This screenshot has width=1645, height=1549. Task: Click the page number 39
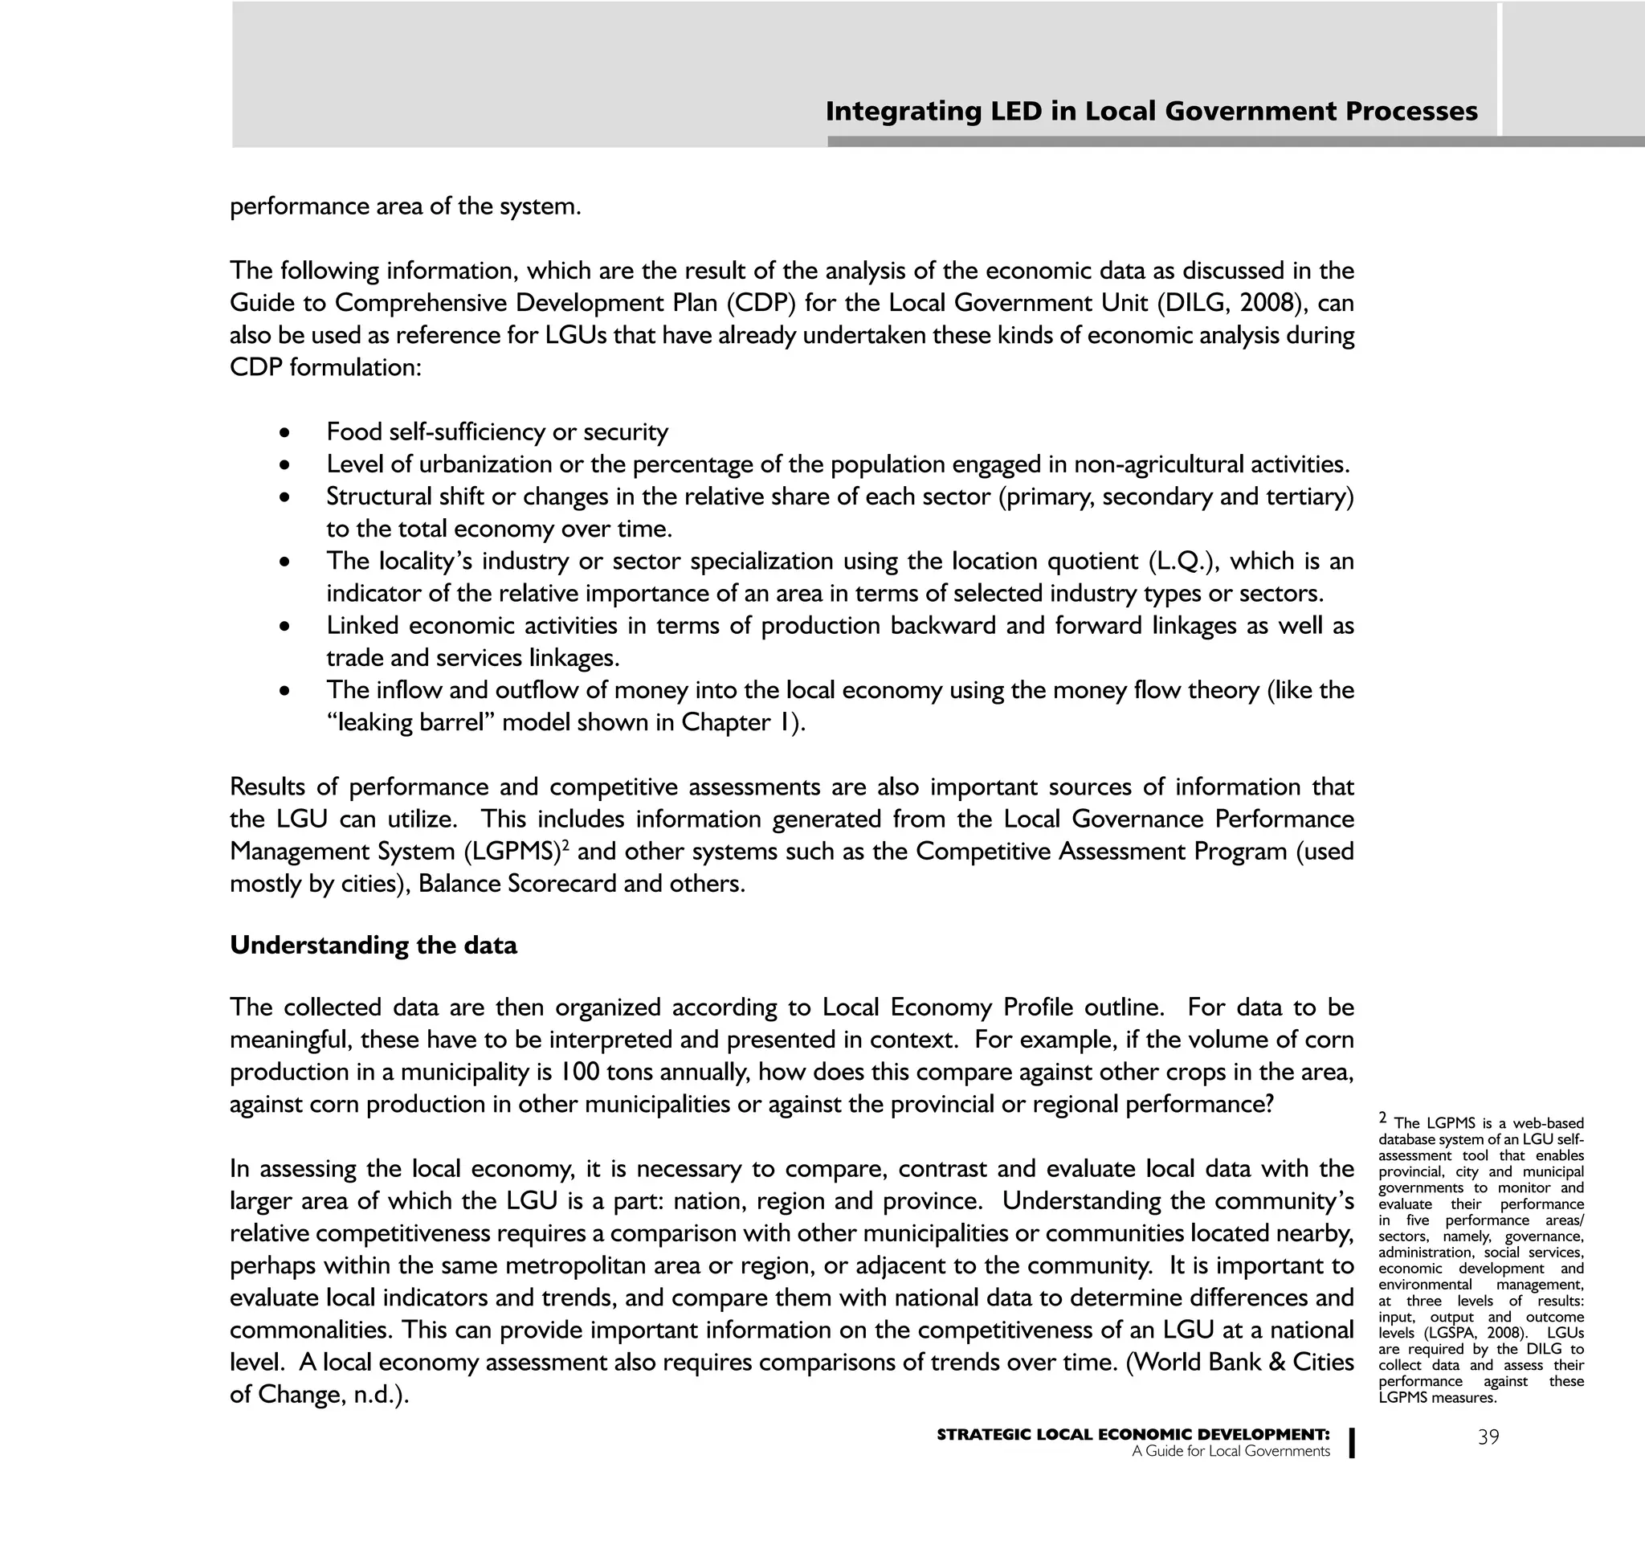tap(1488, 1437)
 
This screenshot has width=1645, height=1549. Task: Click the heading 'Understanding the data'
tap(373, 945)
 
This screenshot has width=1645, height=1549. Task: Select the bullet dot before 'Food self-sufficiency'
tap(284, 433)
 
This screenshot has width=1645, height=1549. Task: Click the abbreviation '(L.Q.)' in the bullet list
tap(1183, 561)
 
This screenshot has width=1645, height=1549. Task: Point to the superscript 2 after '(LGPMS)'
tap(565, 845)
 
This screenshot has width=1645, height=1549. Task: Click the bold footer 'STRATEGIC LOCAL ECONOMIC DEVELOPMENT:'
tap(1133, 1435)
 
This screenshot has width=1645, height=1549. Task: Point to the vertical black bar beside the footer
tap(1351, 1442)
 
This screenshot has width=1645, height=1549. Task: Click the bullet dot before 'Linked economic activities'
tap(284, 627)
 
